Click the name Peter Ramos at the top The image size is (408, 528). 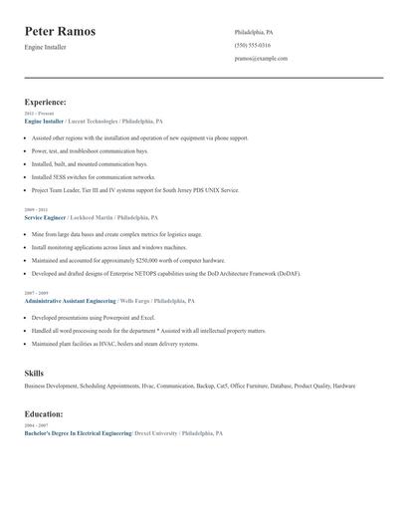(x=61, y=32)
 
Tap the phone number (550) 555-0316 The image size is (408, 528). (x=252, y=45)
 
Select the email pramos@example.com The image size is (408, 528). (x=261, y=58)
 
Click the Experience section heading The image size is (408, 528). (x=46, y=102)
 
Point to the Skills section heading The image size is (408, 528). (x=34, y=373)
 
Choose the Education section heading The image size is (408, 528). (x=44, y=413)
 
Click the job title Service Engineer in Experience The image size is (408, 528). (x=45, y=216)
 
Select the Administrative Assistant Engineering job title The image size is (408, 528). (x=69, y=300)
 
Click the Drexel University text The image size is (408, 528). (x=156, y=433)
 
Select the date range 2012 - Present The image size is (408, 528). (x=39, y=114)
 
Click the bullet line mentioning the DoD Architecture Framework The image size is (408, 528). (x=165, y=272)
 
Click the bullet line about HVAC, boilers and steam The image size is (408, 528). (x=114, y=344)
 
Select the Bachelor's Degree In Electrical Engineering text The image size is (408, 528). (x=77, y=433)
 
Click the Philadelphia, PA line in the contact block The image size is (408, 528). (x=254, y=32)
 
